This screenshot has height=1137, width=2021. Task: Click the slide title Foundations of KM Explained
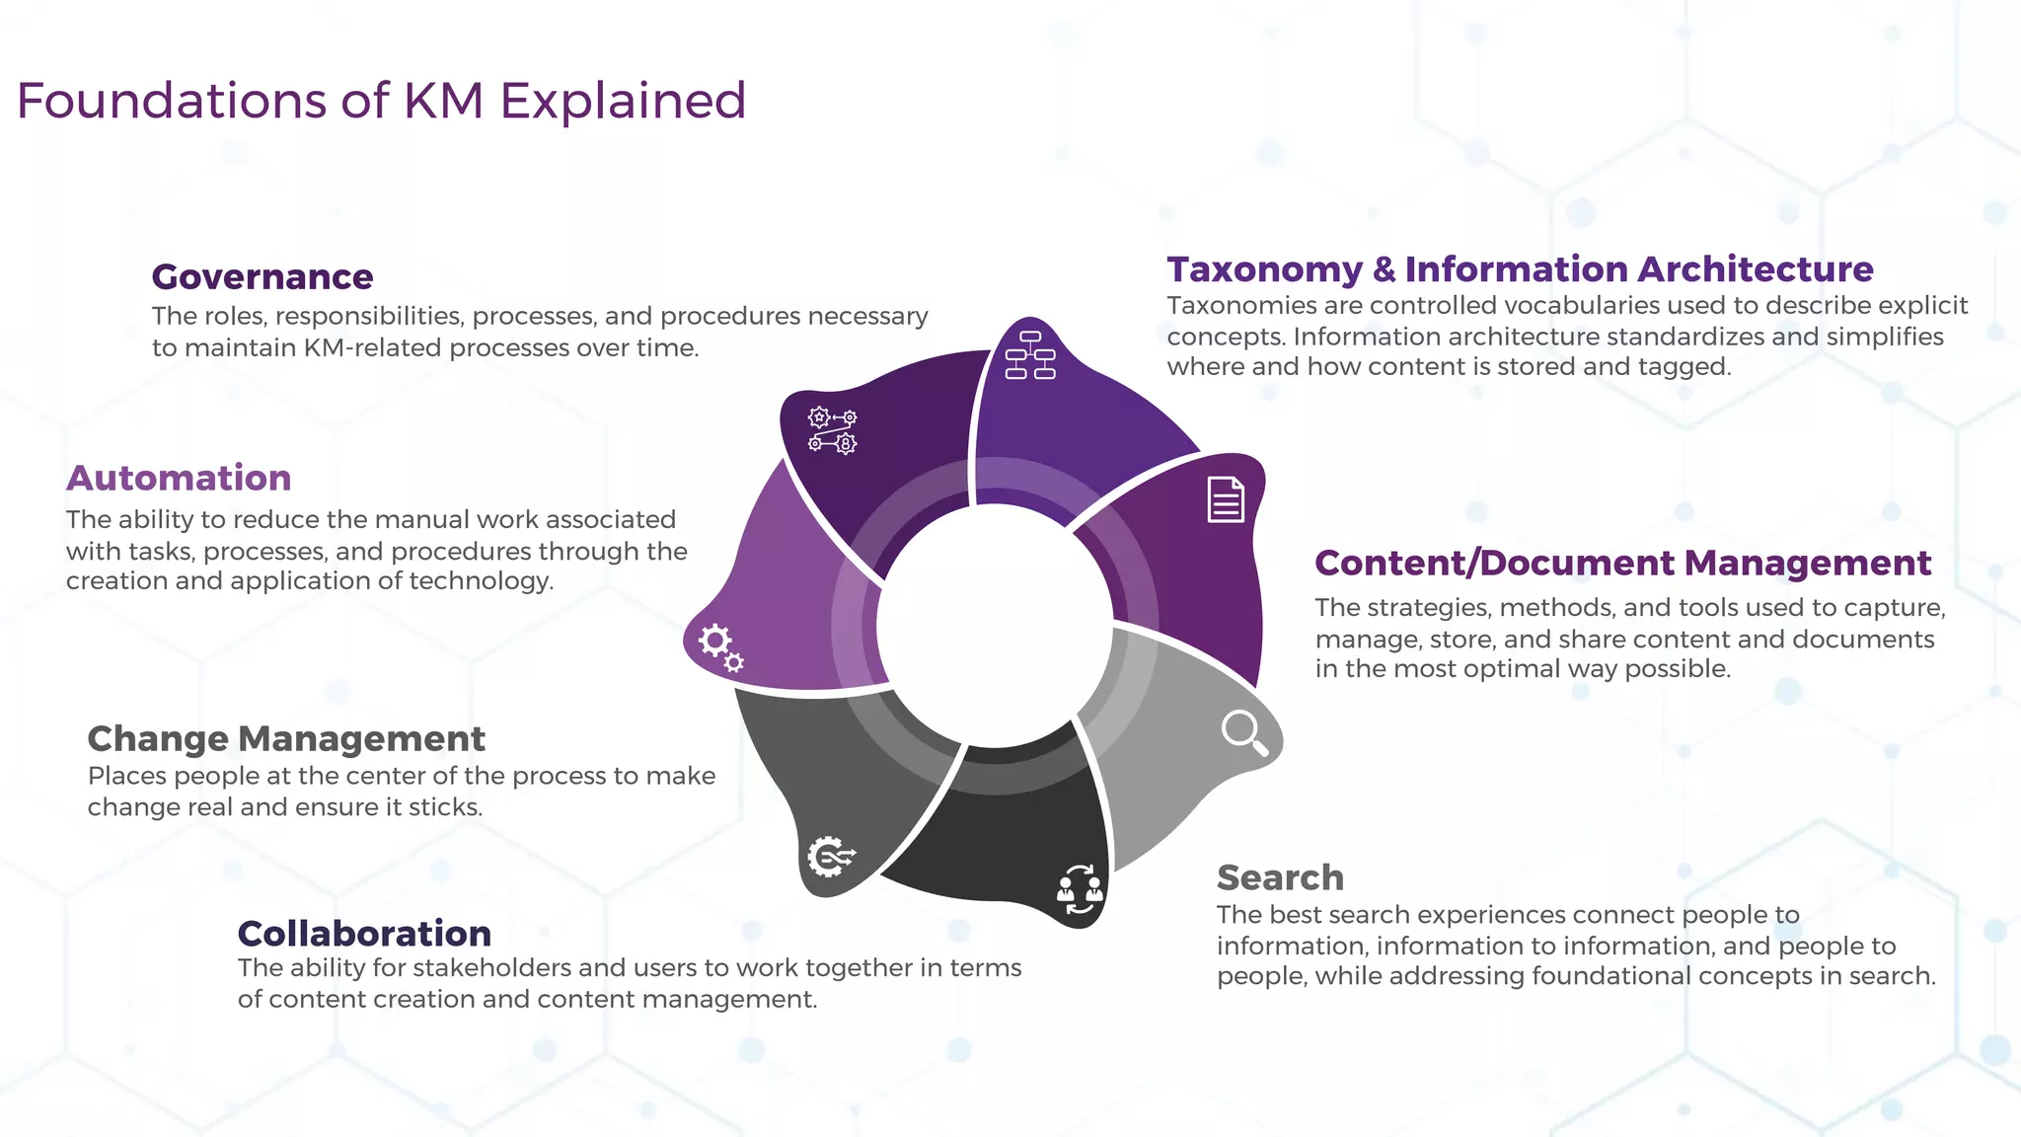tap(381, 101)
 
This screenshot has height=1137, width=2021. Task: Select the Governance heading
tap(262, 277)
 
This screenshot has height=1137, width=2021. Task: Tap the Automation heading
tap(179, 478)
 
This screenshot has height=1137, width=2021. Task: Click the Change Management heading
tap(286, 738)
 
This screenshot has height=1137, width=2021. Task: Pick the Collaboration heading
tap(364, 933)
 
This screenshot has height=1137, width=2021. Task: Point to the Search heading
tap(1280, 877)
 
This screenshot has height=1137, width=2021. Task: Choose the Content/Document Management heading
tap(1622, 563)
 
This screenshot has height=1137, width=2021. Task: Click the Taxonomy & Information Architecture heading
tap(1520, 269)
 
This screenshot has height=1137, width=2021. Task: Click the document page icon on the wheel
tap(1226, 499)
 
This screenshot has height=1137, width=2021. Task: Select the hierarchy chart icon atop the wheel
tap(1030, 355)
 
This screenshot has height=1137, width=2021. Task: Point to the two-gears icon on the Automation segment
tap(720, 648)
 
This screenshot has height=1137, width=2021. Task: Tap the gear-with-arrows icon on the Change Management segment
tap(830, 857)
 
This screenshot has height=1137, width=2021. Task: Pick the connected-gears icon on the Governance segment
tap(833, 431)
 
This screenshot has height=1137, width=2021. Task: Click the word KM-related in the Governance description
tap(376, 348)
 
